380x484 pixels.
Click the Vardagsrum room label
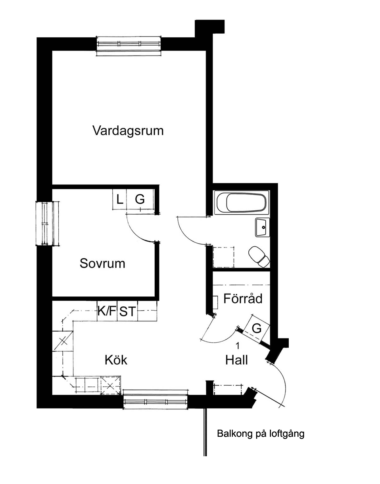pyautogui.click(x=128, y=131)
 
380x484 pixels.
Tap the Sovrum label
pyautogui.click(x=102, y=263)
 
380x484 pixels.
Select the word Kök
pyautogui.click(x=116, y=360)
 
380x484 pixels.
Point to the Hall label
pyautogui.click(x=236, y=360)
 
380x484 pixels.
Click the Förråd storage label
pyautogui.click(x=243, y=298)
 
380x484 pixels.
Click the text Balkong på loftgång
pyautogui.click(x=261, y=434)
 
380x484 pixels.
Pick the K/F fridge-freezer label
pyautogui.click(x=107, y=311)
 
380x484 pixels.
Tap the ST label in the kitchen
pyautogui.click(x=127, y=311)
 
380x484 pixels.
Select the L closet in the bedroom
pyautogui.click(x=120, y=199)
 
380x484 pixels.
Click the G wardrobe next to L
pyautogui.click(x=140, y=199)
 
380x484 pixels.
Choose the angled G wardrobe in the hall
pyautogui.click(x=257, y=328)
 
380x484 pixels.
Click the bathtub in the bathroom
pyautogui.click(x=242, y=202)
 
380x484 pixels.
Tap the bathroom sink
pyautogui.click(x=262, y=227)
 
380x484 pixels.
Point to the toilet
pyautogui.click(x=259, y=256)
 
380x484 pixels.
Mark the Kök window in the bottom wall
pyautogui.click(x=155, y=401)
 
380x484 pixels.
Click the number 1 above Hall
pyautogui.click(x=238, y=346)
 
